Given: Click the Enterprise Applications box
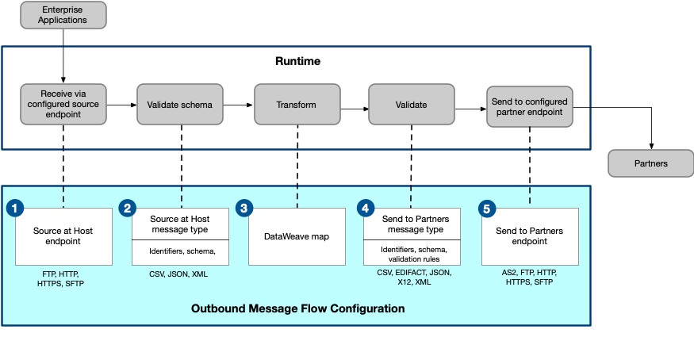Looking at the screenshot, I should [x=63, y=15].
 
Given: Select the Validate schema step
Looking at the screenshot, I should [x=179, y=105].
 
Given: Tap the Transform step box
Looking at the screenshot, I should [x=296, y=105].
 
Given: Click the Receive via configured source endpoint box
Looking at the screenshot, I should [x=63, y=105].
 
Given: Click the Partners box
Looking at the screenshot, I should [x=650, y=164].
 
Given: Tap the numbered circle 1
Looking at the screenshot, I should [x=15, y=209].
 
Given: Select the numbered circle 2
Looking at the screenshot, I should [x=128, y=209].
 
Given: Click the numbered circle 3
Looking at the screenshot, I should [x=245, y=209].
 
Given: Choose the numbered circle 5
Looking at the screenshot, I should [x=488, y=209].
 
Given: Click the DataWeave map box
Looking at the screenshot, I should [x=297, y=236].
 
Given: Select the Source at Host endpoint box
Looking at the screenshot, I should [x=64, y=236].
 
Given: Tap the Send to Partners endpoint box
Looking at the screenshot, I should [x=530, y=236].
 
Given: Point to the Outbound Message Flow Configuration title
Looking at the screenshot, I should [x=298, y=308].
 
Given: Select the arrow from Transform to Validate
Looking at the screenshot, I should [x=354, y=105].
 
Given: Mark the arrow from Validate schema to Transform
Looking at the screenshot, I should [x=238, y=105].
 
